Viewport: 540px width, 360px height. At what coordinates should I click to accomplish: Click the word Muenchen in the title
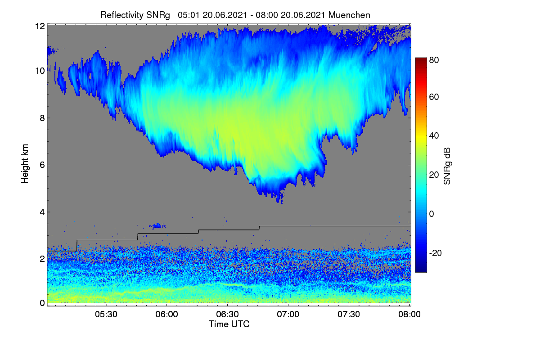349,15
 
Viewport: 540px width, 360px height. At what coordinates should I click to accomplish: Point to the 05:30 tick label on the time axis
106,315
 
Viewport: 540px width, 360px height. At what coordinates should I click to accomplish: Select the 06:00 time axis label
167,315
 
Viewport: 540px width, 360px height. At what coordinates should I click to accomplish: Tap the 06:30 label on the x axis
227,315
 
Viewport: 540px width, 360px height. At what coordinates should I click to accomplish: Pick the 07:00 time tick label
288,315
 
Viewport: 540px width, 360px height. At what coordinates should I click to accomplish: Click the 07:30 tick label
349,315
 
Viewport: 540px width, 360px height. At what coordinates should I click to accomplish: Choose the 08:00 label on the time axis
409,315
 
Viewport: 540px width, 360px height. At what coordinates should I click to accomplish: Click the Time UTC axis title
229,324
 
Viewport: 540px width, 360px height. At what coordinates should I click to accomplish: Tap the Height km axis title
25,164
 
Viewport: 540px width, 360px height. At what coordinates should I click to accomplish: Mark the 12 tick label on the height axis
40,26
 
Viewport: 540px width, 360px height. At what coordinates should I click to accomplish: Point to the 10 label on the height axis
40,71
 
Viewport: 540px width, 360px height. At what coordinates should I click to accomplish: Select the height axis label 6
42,165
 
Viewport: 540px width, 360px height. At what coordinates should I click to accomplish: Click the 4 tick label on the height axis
42,212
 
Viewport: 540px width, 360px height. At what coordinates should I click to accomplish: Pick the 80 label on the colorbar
434,60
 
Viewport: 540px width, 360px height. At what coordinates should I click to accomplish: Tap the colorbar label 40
434,136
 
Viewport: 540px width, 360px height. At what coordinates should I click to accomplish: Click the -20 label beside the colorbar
436,253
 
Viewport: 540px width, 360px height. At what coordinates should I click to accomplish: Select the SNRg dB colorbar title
447,166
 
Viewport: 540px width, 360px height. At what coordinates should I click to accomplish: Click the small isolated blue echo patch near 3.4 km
157,226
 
